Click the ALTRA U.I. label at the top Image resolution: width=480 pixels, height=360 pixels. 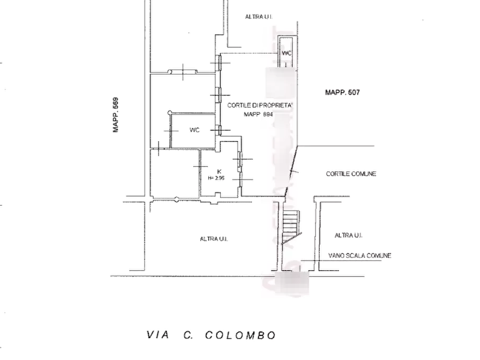tap(260, 17)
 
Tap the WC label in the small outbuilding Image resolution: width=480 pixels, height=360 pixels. tap(286, 53)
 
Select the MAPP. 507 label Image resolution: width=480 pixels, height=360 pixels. tap(342, 92)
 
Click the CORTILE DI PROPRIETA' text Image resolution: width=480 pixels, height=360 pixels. tap(260, 105)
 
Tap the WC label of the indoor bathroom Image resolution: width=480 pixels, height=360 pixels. tap(195, 130)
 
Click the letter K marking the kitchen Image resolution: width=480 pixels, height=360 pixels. tap(219, 171)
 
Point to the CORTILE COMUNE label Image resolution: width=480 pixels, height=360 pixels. tap(352, 174)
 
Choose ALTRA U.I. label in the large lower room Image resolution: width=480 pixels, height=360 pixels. tap(213, 239)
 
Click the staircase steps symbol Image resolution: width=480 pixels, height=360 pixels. tap(290, 222)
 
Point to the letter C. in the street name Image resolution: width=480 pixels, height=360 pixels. tap(188, 335)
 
